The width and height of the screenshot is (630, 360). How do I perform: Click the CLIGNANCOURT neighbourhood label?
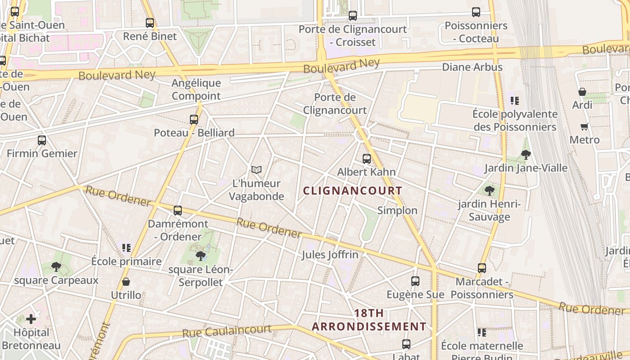352,191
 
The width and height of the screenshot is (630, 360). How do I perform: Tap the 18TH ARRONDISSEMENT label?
369,320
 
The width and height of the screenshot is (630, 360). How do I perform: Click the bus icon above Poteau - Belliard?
194,120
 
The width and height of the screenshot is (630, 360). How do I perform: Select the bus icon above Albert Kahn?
367,159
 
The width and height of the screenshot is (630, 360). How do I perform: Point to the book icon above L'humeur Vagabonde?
256,170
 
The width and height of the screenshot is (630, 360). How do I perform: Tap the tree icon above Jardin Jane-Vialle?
526,155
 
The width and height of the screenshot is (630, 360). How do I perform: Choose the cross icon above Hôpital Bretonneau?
31,319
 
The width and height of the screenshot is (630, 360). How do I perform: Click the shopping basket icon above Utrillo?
126,282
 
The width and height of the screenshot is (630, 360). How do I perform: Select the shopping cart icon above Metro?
585,127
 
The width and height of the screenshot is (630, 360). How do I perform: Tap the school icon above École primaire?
126,247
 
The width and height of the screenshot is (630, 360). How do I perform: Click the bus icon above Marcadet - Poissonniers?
482,268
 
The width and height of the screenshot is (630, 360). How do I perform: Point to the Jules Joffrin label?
330,255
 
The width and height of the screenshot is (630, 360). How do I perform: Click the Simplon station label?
397,211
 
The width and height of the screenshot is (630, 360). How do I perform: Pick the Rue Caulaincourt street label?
227,332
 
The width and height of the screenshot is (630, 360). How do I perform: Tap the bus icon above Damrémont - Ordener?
178,211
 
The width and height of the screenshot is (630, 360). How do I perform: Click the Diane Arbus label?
472,67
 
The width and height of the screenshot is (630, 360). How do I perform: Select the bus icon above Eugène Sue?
415,281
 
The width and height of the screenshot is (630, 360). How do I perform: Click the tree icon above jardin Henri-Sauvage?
490,191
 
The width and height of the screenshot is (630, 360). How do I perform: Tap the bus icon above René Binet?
150,22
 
